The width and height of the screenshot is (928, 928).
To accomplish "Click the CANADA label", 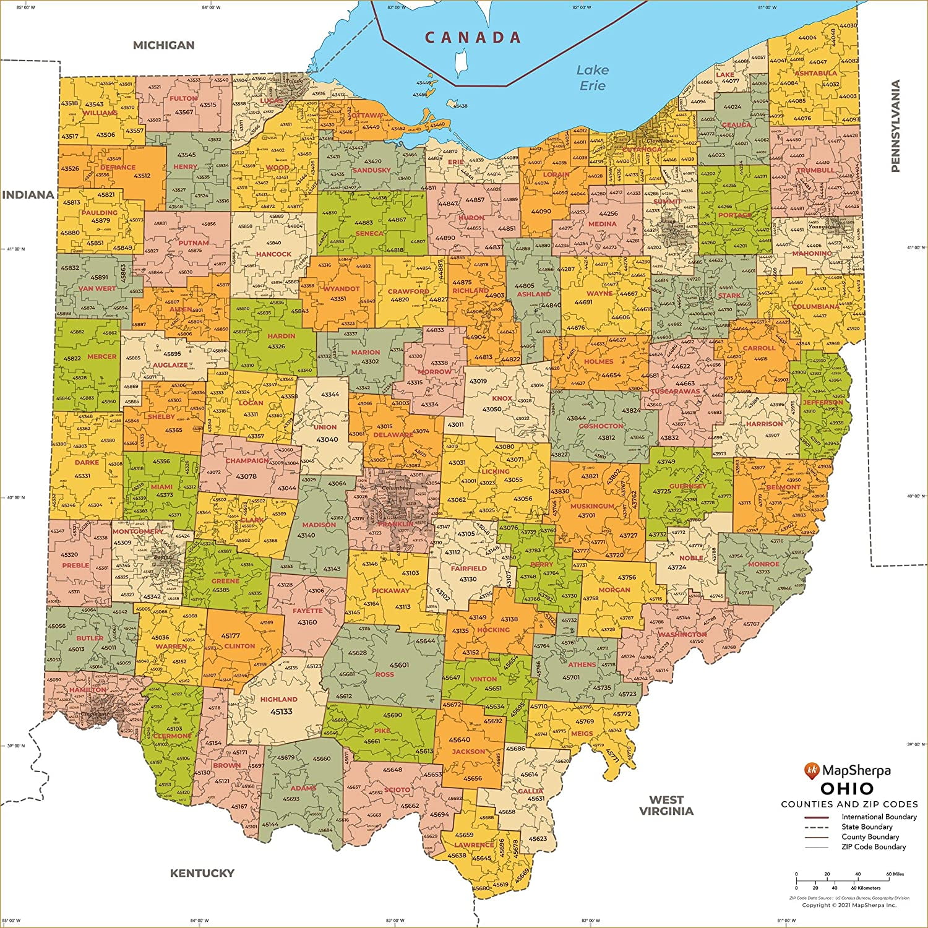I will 473,38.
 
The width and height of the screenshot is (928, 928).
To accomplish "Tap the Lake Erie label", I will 592,78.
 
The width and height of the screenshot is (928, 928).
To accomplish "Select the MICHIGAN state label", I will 163,45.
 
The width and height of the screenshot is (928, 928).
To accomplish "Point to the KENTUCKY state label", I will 202,873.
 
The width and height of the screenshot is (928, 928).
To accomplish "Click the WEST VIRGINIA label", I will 666,806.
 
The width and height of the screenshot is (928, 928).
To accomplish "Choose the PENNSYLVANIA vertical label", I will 895,126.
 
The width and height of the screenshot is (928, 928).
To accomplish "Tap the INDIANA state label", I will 28,195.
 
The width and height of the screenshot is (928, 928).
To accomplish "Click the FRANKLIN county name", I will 395,524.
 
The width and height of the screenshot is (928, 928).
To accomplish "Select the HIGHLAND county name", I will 278,699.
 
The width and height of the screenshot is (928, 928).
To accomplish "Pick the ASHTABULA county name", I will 815,73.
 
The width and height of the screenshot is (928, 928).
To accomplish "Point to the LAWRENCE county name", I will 475,844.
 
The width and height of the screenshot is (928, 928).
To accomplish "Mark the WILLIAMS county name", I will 100,113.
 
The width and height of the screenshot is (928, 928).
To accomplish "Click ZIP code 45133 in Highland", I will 281,711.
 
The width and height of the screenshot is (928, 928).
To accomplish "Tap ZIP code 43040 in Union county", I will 327,439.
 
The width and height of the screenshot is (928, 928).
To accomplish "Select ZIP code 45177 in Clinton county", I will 230,635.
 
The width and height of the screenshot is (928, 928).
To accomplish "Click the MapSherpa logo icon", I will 812,771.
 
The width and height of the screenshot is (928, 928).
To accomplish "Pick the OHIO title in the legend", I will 847,789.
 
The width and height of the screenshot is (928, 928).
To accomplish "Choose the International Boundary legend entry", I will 879,817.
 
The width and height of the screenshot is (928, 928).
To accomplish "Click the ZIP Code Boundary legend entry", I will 873,846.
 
